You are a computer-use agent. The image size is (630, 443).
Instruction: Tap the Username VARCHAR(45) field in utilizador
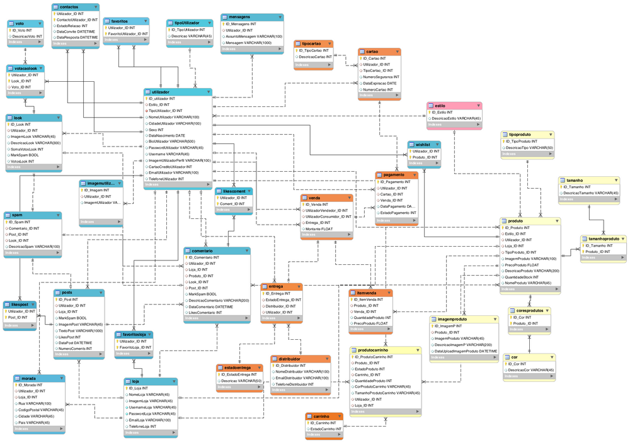169,154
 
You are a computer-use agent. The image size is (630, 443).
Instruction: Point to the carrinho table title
321,416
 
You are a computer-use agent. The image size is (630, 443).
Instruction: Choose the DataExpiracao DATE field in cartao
379,83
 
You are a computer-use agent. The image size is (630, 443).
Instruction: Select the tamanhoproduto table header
603,238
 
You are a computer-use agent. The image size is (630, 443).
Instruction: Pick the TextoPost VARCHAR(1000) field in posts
81,330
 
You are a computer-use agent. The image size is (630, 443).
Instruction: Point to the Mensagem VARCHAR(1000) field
248,43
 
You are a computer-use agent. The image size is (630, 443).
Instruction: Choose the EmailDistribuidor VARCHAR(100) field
302,378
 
